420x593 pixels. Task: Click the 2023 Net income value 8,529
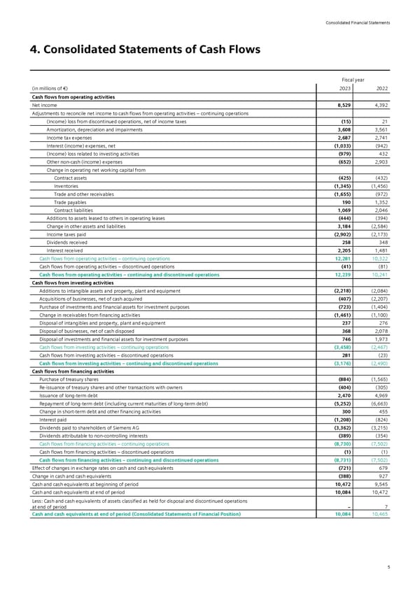pyautogui.click(x=342, y=104)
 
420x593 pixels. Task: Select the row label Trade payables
pyautogui.click(x=70, y=202)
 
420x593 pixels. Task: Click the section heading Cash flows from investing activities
pyautogui.click(x=73, y=283)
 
